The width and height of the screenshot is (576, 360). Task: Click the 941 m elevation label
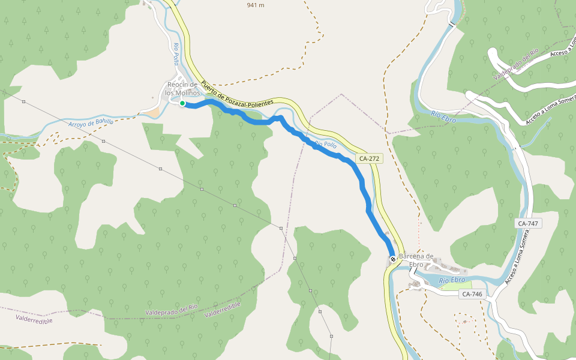click(x=256, y=5)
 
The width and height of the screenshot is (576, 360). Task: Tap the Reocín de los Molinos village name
click(x=182, y=88)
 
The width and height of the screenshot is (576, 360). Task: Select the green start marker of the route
click(x=182, y=103)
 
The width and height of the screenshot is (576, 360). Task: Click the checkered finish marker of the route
click(x=393, y=259)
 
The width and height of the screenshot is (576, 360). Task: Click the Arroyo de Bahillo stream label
click(x=91, y=122)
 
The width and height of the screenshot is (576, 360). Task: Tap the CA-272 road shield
click(x=368, y=158)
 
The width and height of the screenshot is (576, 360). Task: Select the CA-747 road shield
click(x=528, y=223)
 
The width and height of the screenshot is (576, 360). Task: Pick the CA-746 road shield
click(x=472, y=294)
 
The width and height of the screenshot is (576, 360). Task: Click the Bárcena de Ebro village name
click(x=416, y=260)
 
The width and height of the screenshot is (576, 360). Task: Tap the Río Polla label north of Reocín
click(x=176, y=54)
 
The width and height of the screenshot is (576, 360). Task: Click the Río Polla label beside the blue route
click(x=325, y=145)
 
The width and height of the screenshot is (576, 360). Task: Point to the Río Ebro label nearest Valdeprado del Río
click(x=443, y=116)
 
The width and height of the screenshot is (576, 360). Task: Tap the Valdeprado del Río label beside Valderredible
click(x=172, y=310)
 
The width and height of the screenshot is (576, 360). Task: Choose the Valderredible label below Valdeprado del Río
click(x=222, y=310)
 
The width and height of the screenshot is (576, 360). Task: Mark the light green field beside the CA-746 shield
click(x=452, y=286)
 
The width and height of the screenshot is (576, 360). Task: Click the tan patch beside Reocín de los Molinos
click(x=154, y=112)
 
